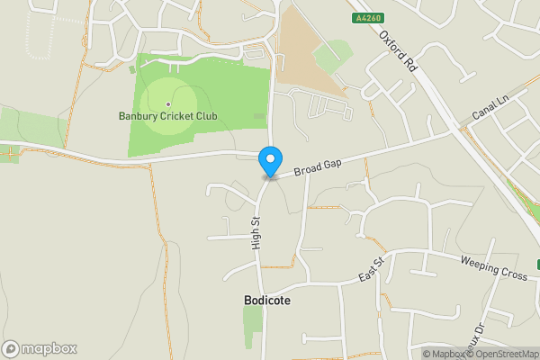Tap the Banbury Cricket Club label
pyautogui.click(x=168, y=116)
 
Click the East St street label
pyautogui.click(x=371, y=267)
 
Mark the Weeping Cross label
pyautogui.click(x=493, y=267)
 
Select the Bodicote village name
pyautogui.click(x=267, y=301)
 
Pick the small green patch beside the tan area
pyautogui.click(x=333, y=54)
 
